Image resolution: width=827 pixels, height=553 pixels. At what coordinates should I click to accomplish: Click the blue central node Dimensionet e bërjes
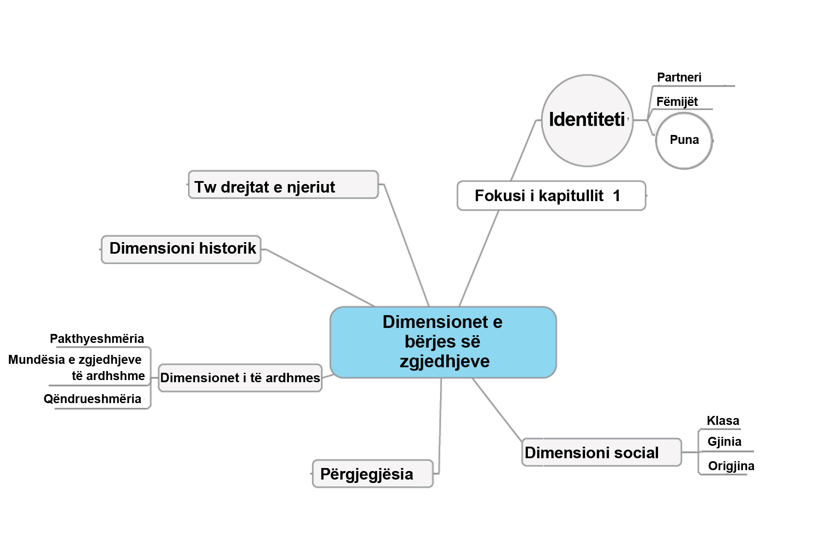coord(443,342)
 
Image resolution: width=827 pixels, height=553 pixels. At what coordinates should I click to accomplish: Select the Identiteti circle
coord(587,120)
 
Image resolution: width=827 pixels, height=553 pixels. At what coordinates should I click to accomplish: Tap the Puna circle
coord(684,140)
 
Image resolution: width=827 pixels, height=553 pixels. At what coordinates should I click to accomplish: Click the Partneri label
coord(679,78)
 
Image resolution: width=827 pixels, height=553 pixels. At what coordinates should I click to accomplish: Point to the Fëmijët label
coord(677,102)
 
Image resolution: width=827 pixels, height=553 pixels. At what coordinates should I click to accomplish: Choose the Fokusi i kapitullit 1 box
coord(550,196)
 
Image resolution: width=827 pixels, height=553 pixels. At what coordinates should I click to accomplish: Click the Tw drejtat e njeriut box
coord(283,185)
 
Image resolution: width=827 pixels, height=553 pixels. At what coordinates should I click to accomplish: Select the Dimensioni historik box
coord(181,249)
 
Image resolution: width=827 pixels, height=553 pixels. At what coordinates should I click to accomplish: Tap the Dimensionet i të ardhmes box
coord(240,378)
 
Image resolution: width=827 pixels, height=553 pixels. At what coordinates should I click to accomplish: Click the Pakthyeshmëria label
coord(97,339)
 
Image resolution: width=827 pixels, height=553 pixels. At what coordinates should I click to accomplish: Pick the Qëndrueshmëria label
coord(93,399)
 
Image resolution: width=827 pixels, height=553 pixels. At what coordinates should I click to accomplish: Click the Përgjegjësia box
coord(372,474)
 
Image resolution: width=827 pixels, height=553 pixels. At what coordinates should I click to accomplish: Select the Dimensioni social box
coord(601,453)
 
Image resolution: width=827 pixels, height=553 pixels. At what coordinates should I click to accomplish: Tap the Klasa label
coord(722,421)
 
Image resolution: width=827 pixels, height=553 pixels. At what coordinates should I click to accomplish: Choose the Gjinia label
coord(724,442)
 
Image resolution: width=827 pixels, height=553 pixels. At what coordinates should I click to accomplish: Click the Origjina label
coord(731,466)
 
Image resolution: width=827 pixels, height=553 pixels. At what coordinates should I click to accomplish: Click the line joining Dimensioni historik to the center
coord(320,278)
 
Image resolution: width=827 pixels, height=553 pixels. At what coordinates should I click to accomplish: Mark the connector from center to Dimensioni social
coord(497,409)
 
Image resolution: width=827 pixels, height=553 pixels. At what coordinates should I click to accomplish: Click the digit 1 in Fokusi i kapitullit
coord(616,196)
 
